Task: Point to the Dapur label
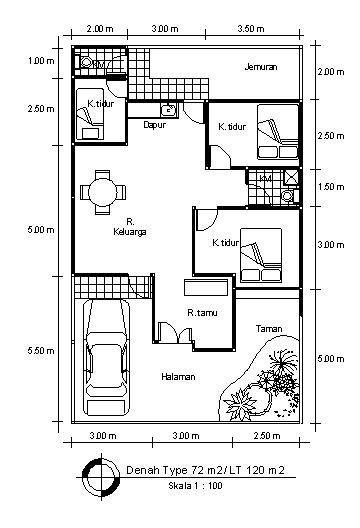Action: click(154, 126)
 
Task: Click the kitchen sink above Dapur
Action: click(169, 110)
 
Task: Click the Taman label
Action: click(267, 328)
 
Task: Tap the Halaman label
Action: click(176, 376)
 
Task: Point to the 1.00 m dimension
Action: click(41, 61)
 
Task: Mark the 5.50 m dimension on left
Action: click(41, 351)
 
